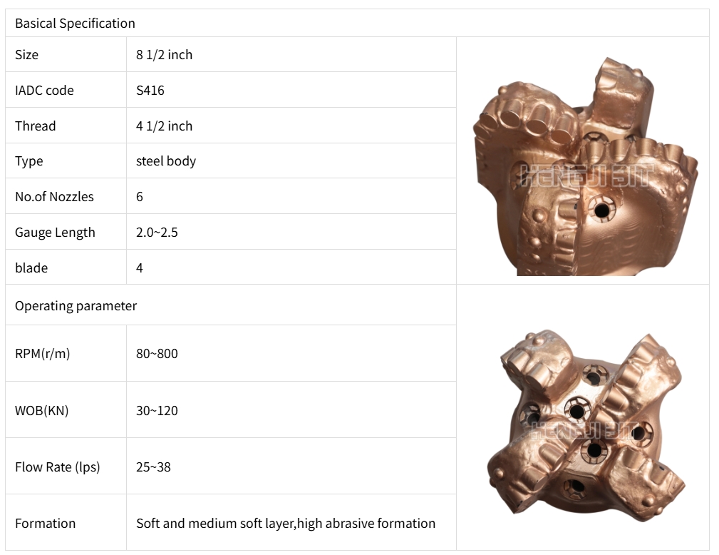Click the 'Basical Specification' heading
tap(75, 24)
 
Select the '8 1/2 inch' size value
tap(164, 55)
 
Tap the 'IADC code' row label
tap(44, 91)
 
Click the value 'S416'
tap(150, 91)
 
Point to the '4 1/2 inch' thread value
tap(164, 126)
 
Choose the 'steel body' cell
tap(165, 161)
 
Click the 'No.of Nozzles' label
tap(54, 197)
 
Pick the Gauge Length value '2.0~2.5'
tap(157, 233)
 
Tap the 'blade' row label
tap(31, 268)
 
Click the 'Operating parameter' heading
tap(76, 306)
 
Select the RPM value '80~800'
tap(157, 354)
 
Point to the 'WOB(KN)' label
tap(41, 411)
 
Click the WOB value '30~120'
tap(157, 411)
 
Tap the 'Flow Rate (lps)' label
tap(57, 467)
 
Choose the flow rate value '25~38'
tap(153, 467)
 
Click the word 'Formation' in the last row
tap(45, 524)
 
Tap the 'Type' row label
tap(29, 161)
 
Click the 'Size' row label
tap(26, 55)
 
